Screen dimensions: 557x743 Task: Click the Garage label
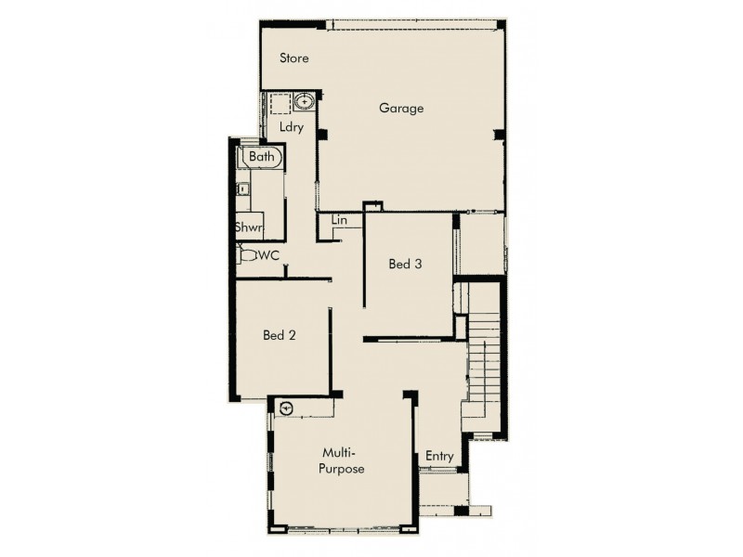point(401,108)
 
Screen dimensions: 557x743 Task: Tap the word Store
point(294,58)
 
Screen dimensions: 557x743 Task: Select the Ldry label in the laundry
point(292,128)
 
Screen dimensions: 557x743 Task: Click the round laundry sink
point(306,102)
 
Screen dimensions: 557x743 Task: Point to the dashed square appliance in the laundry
point(280,102)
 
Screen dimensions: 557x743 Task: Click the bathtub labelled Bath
point(262,158)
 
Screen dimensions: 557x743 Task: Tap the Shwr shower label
point(247,227)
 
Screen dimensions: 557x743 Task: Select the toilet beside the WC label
point(247,254)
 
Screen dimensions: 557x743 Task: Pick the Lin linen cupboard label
point(339,221)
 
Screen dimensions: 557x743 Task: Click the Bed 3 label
point(405,265)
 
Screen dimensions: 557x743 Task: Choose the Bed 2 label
point(279,335)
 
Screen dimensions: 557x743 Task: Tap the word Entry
point(439,456)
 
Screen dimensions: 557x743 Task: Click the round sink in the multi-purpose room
point(286,407)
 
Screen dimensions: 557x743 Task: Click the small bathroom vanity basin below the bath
point(241,188)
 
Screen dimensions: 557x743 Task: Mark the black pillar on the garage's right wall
point(499,135)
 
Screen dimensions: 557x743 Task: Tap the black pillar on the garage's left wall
point(321,135)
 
